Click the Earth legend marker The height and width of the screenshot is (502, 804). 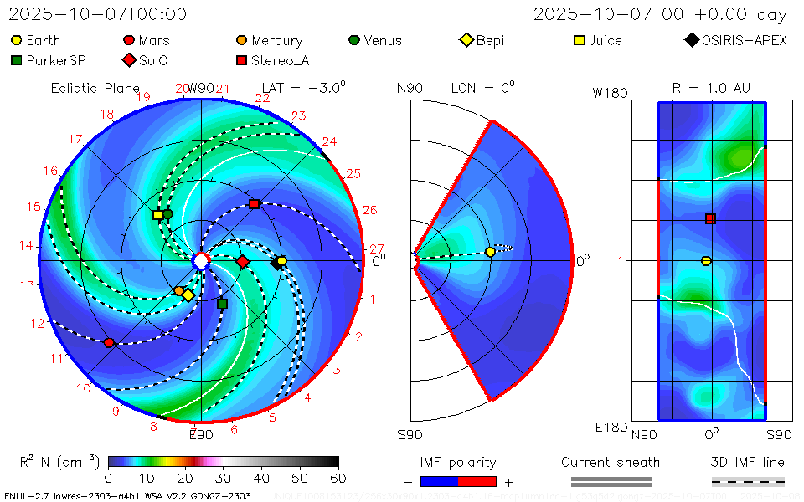pyautogui.click(x=17, y=40)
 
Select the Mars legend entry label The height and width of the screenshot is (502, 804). pyautogui.click(x=154, y=40)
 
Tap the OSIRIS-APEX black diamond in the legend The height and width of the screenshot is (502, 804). pyautogui.click(x=691, y=40)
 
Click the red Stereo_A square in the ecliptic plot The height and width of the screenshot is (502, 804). pyautogui.click(x=254, y=204)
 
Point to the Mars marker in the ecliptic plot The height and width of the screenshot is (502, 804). pyautogui.click(x=109, y=342)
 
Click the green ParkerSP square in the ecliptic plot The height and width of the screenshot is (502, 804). pyautogui.click(x=222, y=304)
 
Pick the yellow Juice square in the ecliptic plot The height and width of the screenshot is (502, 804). pyautogui.click(x=157, y=215)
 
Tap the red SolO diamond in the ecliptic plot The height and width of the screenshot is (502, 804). pyautogui.click(x=243, y=262)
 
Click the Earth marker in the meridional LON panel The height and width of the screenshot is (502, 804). pyautogui.click(x=490, y=252)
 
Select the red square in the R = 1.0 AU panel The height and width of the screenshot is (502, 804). pyautogui.click(x=710, y=219)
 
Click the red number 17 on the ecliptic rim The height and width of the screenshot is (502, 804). pyautogui.click(x=75, y=140)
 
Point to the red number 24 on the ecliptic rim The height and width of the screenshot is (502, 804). pyautogui.click(x=329, y=142)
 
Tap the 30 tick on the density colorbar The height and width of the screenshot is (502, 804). pyautogui.click(x=223, y=478)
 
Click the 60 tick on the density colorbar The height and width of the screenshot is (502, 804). pyautogui.click(x=338, y=478)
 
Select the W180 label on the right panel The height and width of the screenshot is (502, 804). pyautogui.click(x=610, y=93)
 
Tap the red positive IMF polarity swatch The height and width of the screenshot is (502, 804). pyautogui.click(x=477, y=481)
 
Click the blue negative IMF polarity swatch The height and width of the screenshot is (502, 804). pyautogui.click(x=439, y=481)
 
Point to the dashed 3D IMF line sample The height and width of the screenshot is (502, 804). pyautogui.click(x=748, y=481)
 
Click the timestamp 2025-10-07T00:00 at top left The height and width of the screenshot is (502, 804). pyautogui.click(x=98, y=14)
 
